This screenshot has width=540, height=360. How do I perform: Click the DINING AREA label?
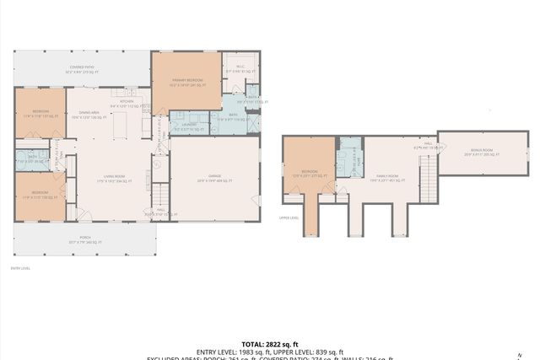coord(89,114)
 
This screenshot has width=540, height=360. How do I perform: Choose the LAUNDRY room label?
coord(188,127)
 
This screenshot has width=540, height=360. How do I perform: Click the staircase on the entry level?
coord(159,196)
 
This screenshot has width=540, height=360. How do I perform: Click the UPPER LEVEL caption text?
coord(289,217)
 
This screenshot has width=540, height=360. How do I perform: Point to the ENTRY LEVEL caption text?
coord(20,268)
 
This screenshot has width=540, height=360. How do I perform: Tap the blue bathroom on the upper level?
coord(348,158)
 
